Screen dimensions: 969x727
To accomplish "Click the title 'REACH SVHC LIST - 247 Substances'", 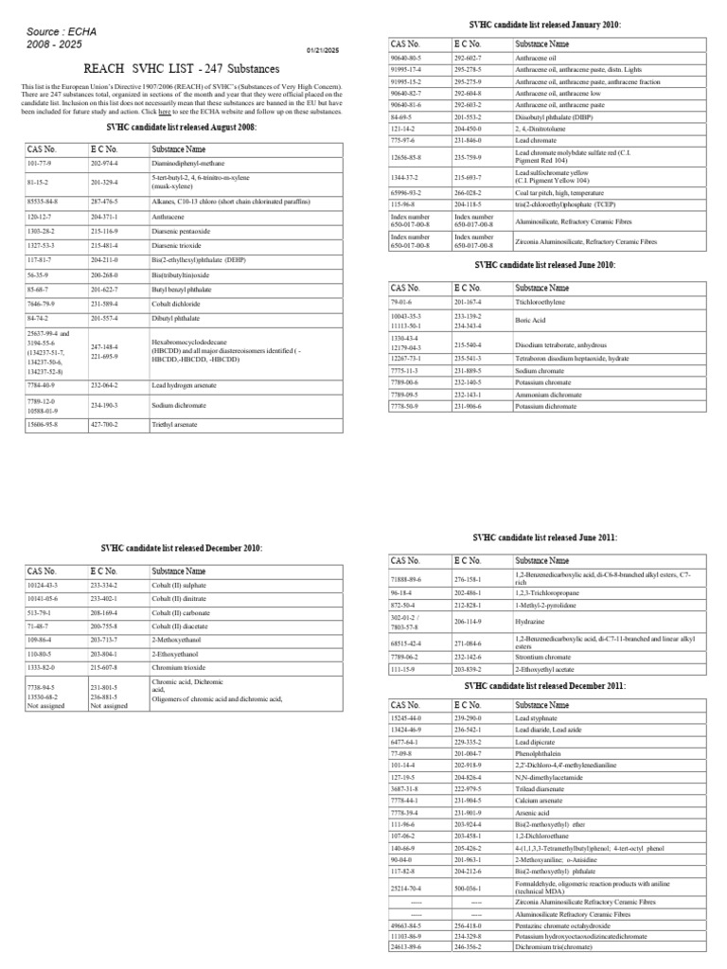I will click(x=185, y=68).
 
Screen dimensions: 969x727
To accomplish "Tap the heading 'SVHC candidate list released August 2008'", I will click(x=182, y=127).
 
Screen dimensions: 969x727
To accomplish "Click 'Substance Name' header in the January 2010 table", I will click(x=542, y=44).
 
